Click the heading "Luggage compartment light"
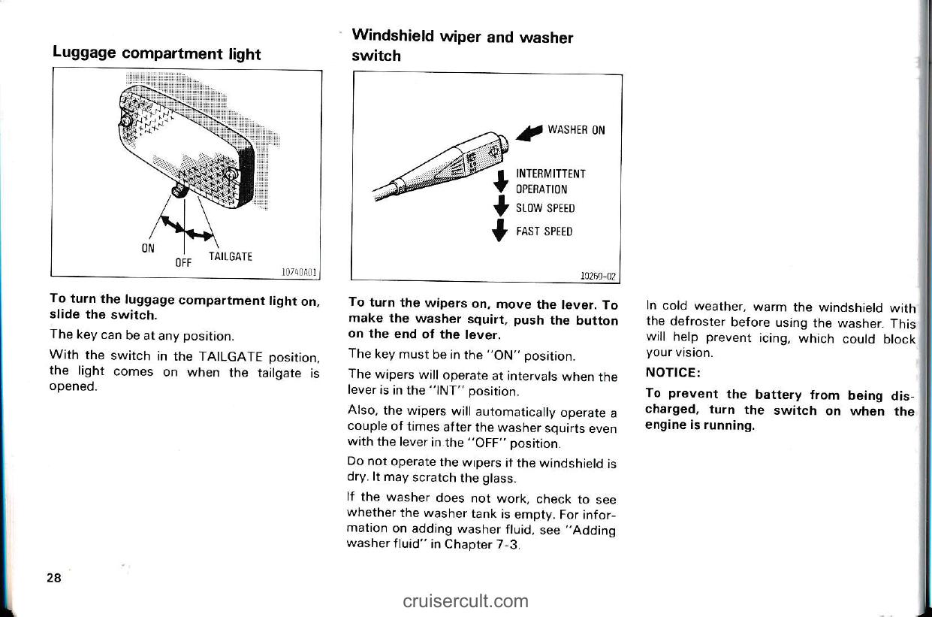click(x=156, y=54)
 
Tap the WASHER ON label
click(x=576, y=129)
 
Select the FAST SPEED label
click(x=544, y=231)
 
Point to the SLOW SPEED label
click(x=544, y=208)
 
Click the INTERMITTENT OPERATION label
click(x=550, y=181)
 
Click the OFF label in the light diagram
click(x=183, y=262)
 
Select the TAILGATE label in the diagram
click(x=228, y=256)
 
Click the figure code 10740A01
click(x=298, y=272)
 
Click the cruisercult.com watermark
click(x=465, y=600)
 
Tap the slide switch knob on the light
click(x=180, y=191)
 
